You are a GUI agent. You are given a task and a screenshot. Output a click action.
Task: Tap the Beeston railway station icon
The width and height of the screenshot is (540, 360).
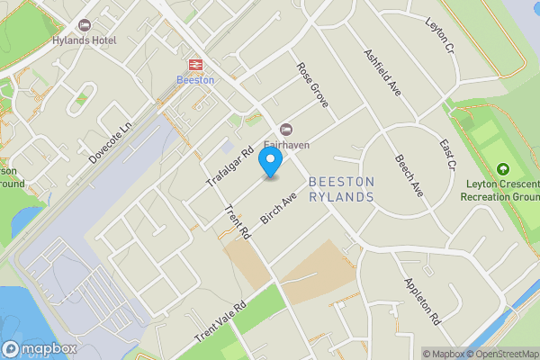[194, 64]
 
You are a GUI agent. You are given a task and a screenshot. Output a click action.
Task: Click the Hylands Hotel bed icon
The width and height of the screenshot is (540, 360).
[85, 25]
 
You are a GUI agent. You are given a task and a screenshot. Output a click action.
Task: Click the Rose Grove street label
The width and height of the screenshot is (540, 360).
[312, 85]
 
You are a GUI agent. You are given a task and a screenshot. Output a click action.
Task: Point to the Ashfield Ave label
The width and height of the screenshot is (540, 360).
[382, 71]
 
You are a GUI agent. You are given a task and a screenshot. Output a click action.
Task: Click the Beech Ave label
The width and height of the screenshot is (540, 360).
[409, 175]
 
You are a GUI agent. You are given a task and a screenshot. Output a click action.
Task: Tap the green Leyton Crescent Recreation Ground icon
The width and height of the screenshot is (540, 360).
[502, 169]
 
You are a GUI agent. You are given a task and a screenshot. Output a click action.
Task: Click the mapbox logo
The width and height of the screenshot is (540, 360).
[39, 348]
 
